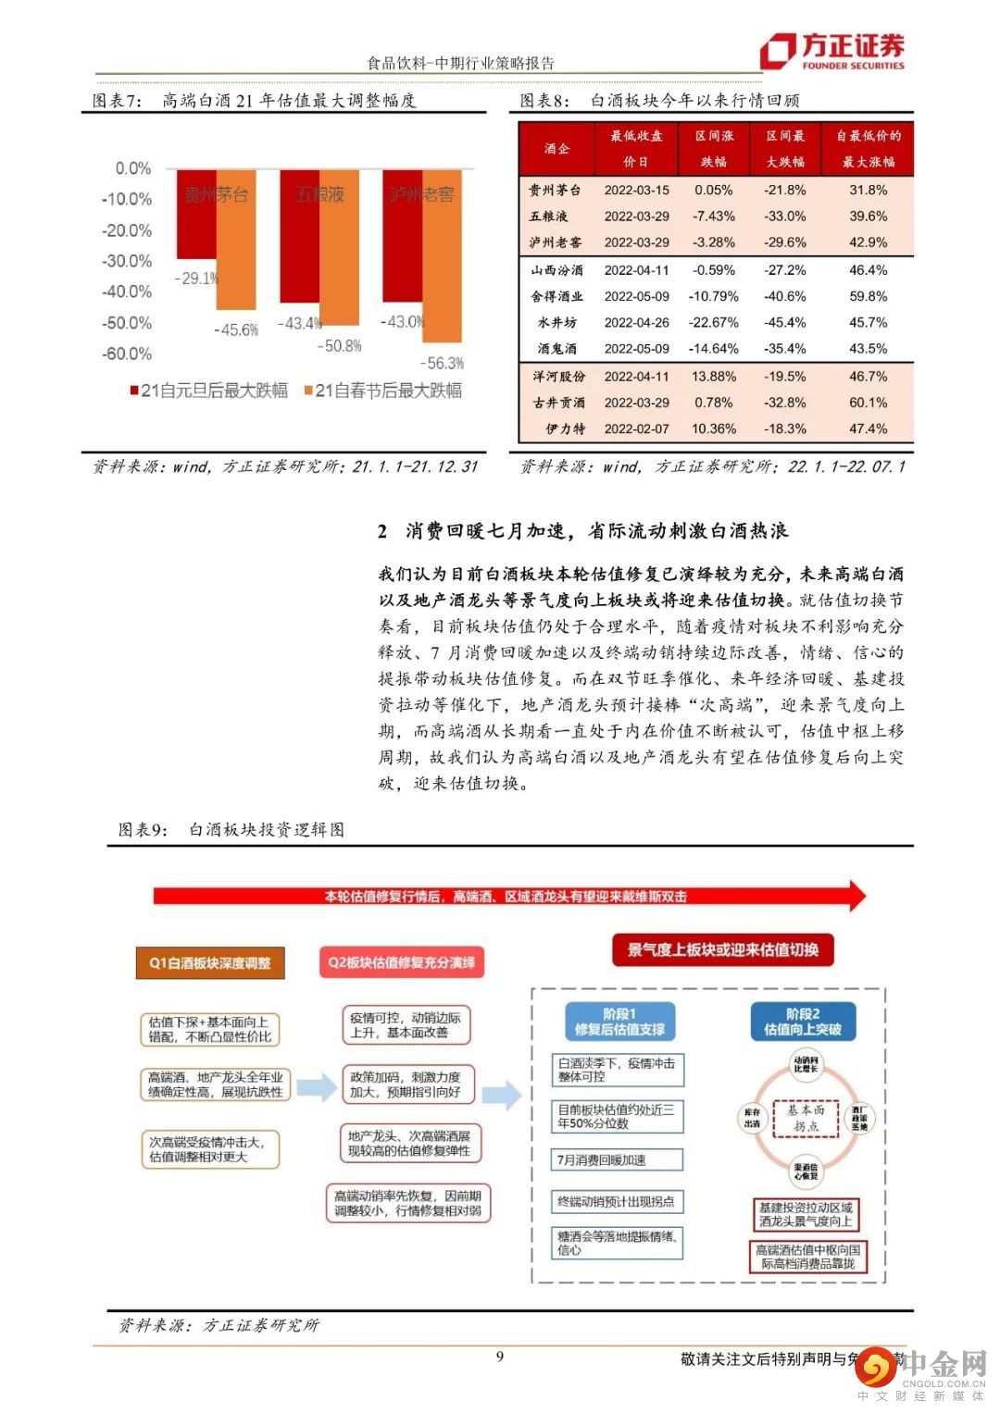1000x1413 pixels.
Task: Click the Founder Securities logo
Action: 831,50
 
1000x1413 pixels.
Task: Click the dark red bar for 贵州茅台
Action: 196,217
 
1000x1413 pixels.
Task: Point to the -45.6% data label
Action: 236,329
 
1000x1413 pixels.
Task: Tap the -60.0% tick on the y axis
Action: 126,353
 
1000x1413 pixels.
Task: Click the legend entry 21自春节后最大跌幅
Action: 382,390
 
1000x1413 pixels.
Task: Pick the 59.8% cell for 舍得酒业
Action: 868,296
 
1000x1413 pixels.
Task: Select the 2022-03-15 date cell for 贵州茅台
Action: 636,190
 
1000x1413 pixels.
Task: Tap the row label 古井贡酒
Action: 558,403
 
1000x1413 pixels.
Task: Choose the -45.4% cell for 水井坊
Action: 784,322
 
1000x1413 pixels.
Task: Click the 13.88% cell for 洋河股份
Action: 714,377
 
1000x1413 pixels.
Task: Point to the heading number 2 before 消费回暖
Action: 382,531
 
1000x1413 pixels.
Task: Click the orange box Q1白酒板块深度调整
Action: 210,962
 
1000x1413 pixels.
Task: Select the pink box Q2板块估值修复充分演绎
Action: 402,962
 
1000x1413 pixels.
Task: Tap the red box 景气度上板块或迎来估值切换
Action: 722,949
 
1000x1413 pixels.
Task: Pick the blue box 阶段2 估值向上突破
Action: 802,1022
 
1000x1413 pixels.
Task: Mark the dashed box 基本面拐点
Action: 806,1118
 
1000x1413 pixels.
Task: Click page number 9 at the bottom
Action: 500,1357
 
